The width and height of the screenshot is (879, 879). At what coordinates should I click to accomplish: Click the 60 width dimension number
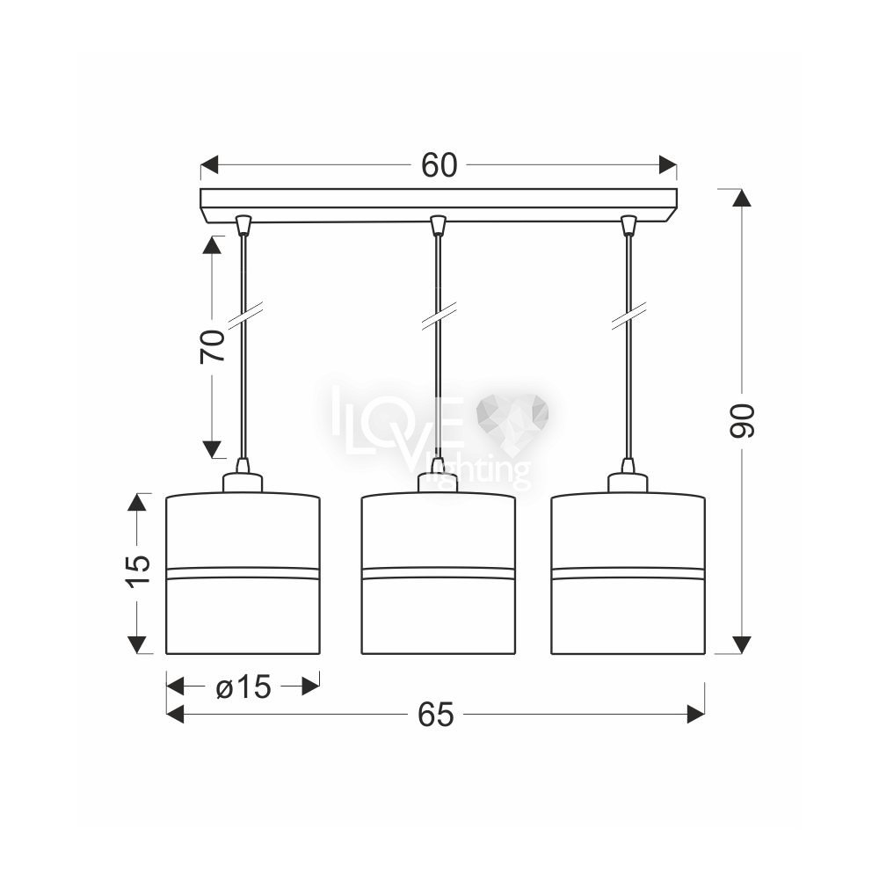coord(439,165)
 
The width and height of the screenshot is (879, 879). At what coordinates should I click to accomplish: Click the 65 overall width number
coord(436,715)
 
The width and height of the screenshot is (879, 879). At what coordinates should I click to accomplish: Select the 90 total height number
coord(742,420)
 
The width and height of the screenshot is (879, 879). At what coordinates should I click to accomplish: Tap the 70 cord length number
coord(212,345)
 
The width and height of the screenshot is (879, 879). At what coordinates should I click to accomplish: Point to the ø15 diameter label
coord(243,686)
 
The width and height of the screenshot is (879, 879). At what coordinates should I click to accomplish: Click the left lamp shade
coord(243,573)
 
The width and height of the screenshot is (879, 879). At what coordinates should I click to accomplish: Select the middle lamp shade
coord(439,573)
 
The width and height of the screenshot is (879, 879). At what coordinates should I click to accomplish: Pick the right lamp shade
coord(628,573)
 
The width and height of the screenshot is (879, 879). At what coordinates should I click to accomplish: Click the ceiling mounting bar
coord(439,205)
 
